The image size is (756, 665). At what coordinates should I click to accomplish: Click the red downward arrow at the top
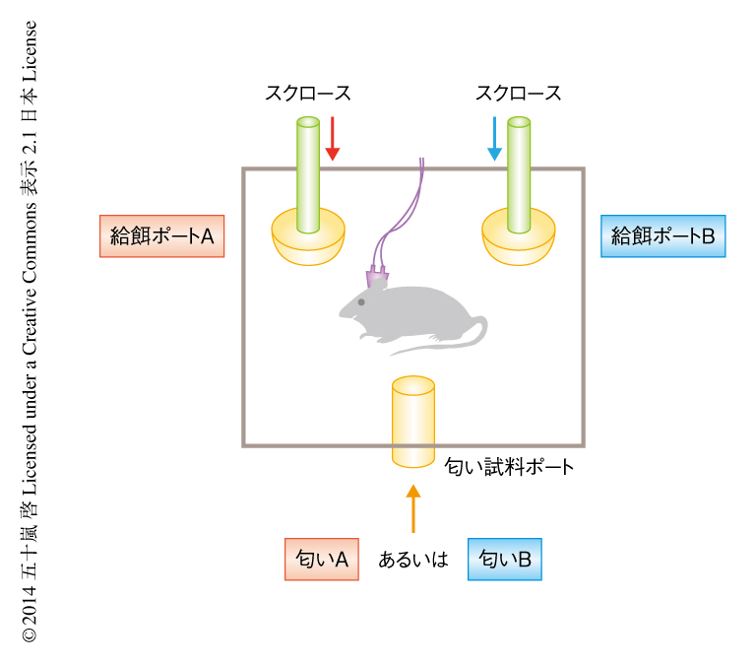click(333, 139)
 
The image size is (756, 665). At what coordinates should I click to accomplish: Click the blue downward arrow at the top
click(494, 139)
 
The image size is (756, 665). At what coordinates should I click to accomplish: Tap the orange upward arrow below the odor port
click(413, 507)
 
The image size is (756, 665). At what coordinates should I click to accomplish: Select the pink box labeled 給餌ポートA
click(162, 236)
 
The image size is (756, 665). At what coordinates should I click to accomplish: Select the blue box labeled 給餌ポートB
click(662, 236)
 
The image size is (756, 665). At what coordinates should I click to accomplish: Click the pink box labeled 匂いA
click(321, 560)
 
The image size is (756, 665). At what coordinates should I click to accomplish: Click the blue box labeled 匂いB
click(504, 560)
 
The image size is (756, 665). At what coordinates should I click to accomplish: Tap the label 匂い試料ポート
click(509, 467)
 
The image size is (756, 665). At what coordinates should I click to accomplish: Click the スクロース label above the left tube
click(308, 94)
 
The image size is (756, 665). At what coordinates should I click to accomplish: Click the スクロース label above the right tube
click(519, 94)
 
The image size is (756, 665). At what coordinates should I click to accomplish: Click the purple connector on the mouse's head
click(377, 280)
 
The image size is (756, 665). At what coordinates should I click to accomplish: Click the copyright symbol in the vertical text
click(30, 635)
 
